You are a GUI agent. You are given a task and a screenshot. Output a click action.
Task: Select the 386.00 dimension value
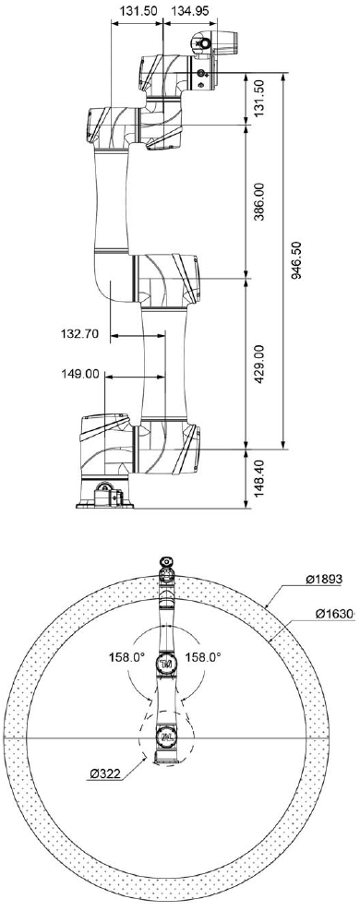[x=259, y=201]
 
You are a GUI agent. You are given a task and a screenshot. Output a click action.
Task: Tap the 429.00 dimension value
[x=259, y=363]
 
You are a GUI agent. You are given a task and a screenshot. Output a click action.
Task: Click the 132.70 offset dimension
[x=79, y=334]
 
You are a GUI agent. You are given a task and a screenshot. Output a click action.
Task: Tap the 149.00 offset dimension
[x=79, y=374]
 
